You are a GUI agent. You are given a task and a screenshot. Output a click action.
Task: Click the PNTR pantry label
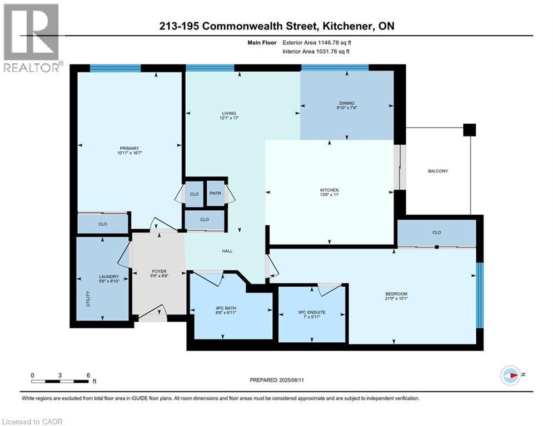[x=215, y=194]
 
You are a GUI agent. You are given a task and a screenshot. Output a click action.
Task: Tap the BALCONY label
[x=437, y=171]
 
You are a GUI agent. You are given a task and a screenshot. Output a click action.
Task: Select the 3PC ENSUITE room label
[x=311, y=312]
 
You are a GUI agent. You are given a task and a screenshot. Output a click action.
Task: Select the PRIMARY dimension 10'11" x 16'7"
[x=129, y=154]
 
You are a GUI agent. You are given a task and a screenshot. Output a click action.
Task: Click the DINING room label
[x=347, y=103]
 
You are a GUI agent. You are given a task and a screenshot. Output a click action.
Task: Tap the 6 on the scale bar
[x=88, y=374]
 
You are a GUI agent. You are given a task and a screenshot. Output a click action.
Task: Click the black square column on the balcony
[x=470, y=130]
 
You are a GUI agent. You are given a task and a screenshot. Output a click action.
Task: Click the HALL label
[x=227, y=251]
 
